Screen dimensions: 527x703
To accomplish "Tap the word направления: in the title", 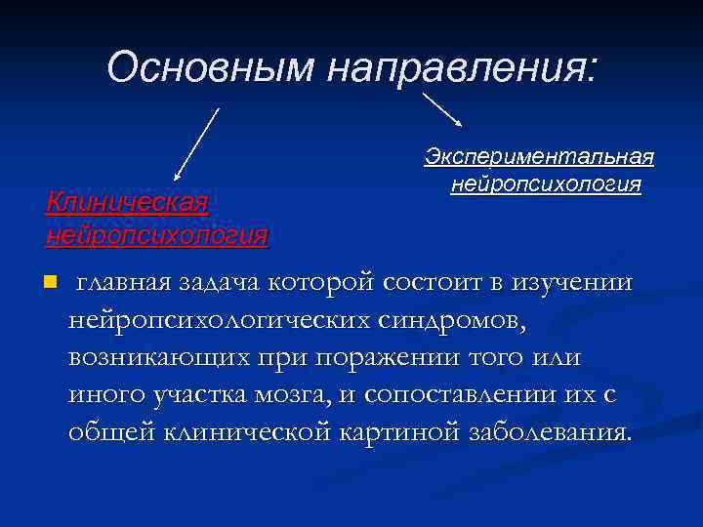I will (x=466, y=67).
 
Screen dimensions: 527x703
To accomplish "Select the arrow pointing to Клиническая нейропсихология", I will (x=194, y=143).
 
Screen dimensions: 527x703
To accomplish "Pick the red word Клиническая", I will (x=127, y=202).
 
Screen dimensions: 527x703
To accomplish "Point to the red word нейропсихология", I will (x=156, y=234).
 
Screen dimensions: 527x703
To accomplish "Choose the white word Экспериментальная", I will (x=539, y=156).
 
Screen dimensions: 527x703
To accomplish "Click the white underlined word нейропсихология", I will (x=546, y=183).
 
